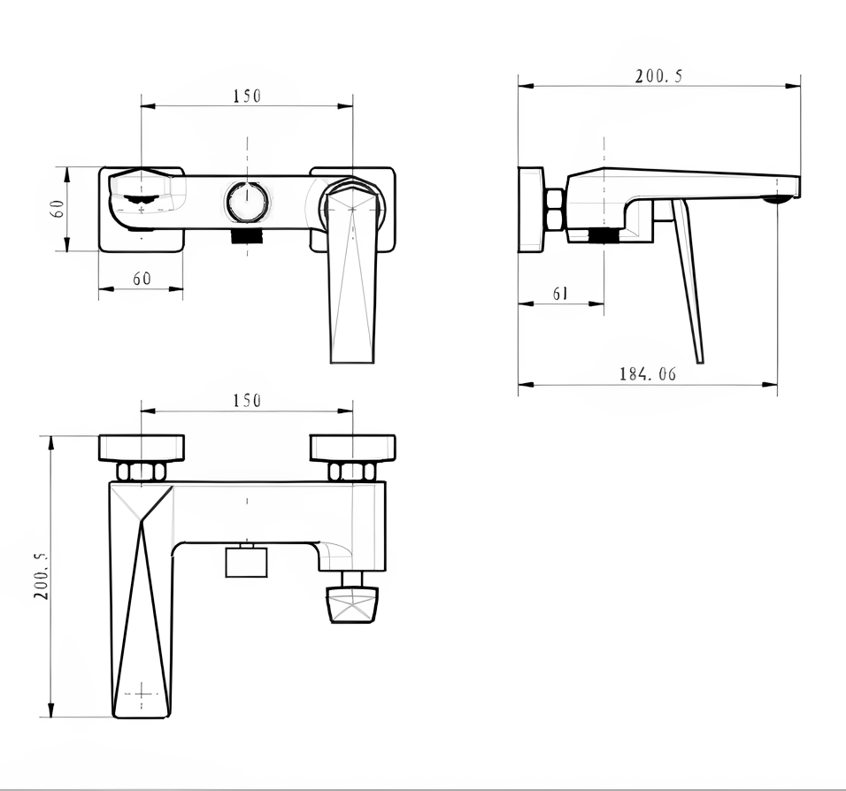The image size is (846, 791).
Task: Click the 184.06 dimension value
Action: pos(647,373)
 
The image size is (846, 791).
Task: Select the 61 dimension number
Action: pos(560,293)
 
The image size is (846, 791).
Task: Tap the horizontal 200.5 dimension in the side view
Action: pos(658,75)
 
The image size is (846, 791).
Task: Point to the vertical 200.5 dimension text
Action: pos(42,576)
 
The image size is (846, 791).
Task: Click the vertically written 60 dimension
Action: pos(58,208)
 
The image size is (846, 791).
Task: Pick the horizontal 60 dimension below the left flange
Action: pos(142,279)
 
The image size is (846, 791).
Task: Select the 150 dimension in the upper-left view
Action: pos(247,96)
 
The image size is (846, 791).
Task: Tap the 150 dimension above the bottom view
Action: pos(247,400)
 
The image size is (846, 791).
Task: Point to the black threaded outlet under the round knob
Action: pos(247,235)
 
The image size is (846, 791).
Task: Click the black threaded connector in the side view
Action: pos(604,236)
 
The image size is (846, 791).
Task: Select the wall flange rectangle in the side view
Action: pos(532,210)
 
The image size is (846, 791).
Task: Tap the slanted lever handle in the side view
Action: pos(688,280)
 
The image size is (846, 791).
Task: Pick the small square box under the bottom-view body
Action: pos(247,562)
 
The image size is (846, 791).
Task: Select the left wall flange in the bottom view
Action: pos(142,449)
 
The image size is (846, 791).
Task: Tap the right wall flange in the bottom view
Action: pos(353,449)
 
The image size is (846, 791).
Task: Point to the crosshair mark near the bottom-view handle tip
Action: pos(142,694)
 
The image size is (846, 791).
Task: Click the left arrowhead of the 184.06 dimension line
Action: pos(526,385)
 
